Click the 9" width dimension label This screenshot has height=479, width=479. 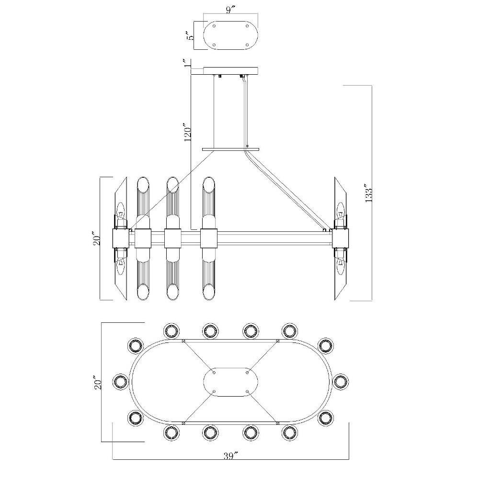tap(230, 10)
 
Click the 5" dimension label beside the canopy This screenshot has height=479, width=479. tap(191, 35)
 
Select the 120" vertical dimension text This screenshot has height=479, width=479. tap(188, 132)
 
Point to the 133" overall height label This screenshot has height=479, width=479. tap(368, 193)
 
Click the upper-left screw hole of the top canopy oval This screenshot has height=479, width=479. tap(214, 26)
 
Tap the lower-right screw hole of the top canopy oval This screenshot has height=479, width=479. tap(247, 45)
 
